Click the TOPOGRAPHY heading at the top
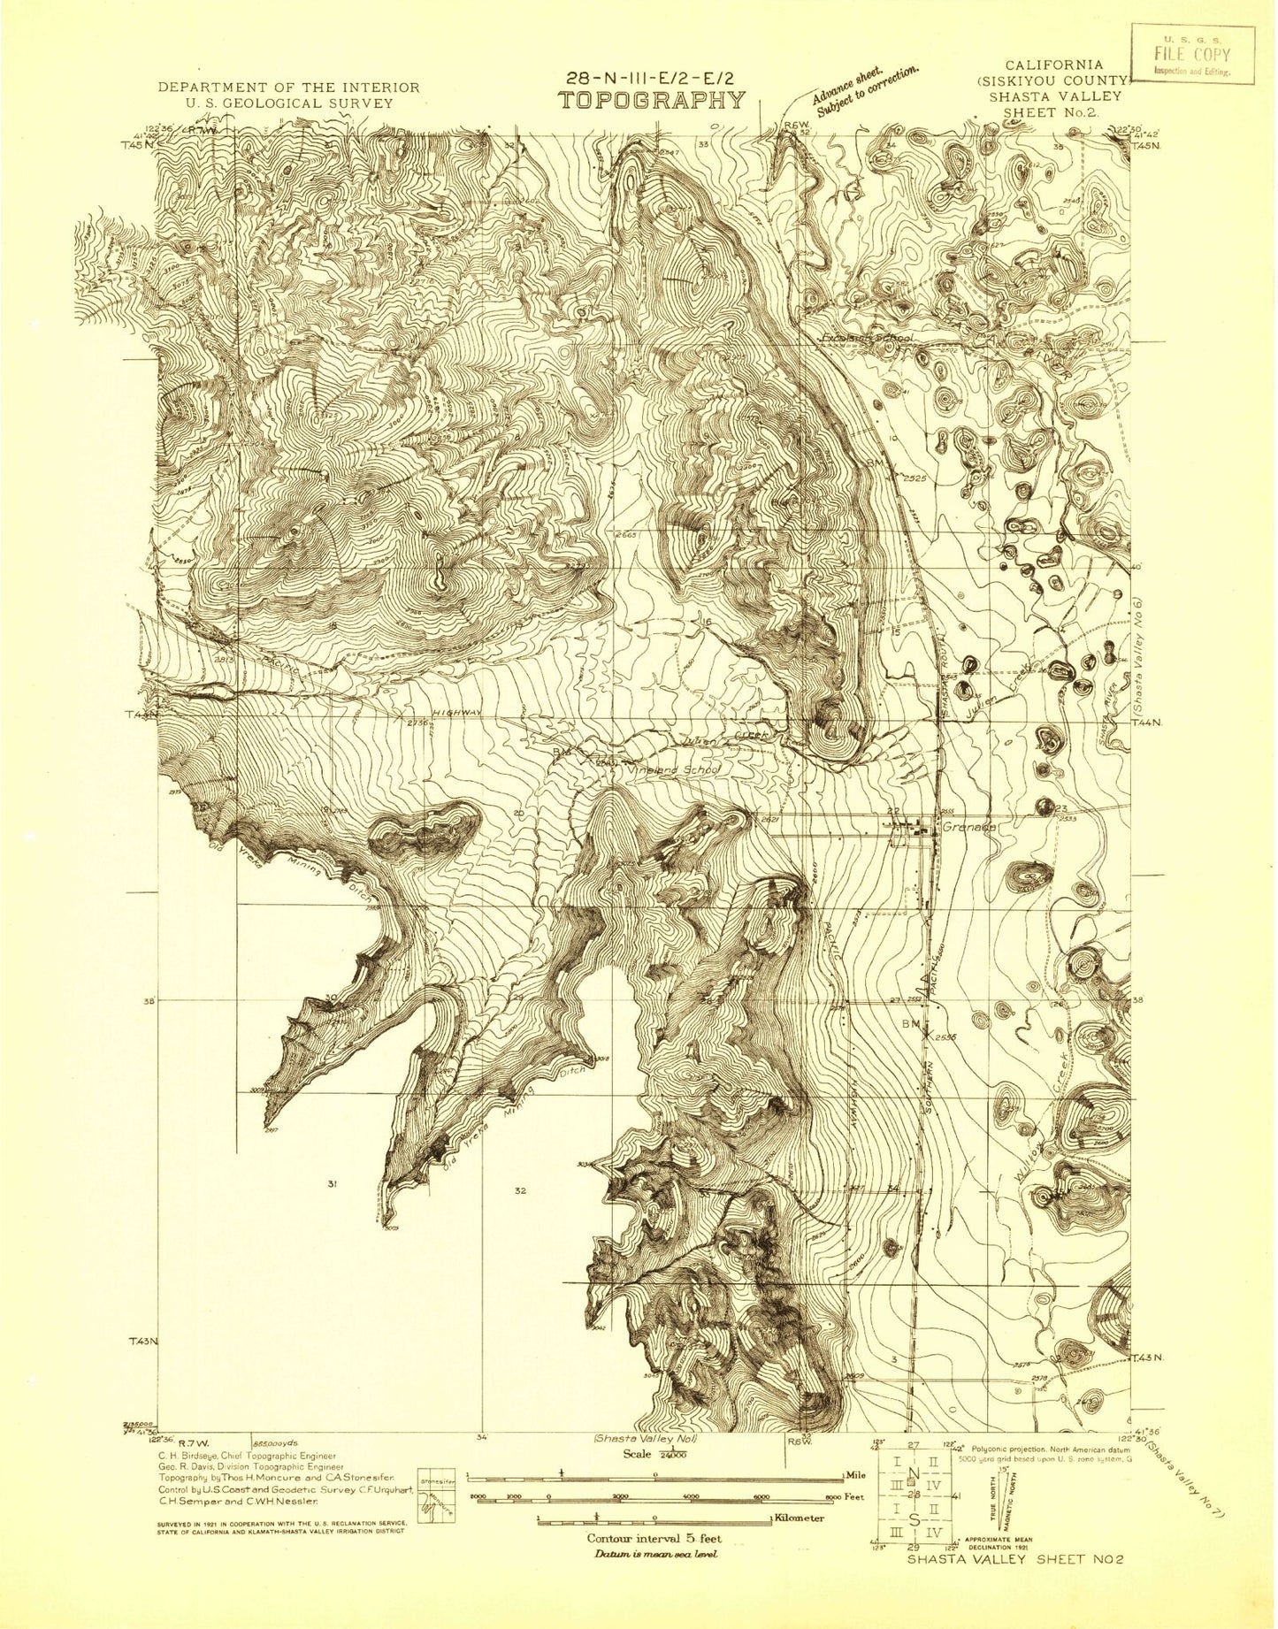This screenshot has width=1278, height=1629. coord(651,100)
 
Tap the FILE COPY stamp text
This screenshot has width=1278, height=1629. coord(1191,54)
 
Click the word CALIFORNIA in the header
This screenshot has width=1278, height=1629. coord(1053,65)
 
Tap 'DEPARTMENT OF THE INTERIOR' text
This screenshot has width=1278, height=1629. coord(288,87)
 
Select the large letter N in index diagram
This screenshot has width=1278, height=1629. coord(914,1472)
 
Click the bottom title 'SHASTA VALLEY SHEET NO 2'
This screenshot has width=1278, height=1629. coord(1014,1584)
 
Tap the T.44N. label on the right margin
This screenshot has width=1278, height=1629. coord(1149,723)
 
